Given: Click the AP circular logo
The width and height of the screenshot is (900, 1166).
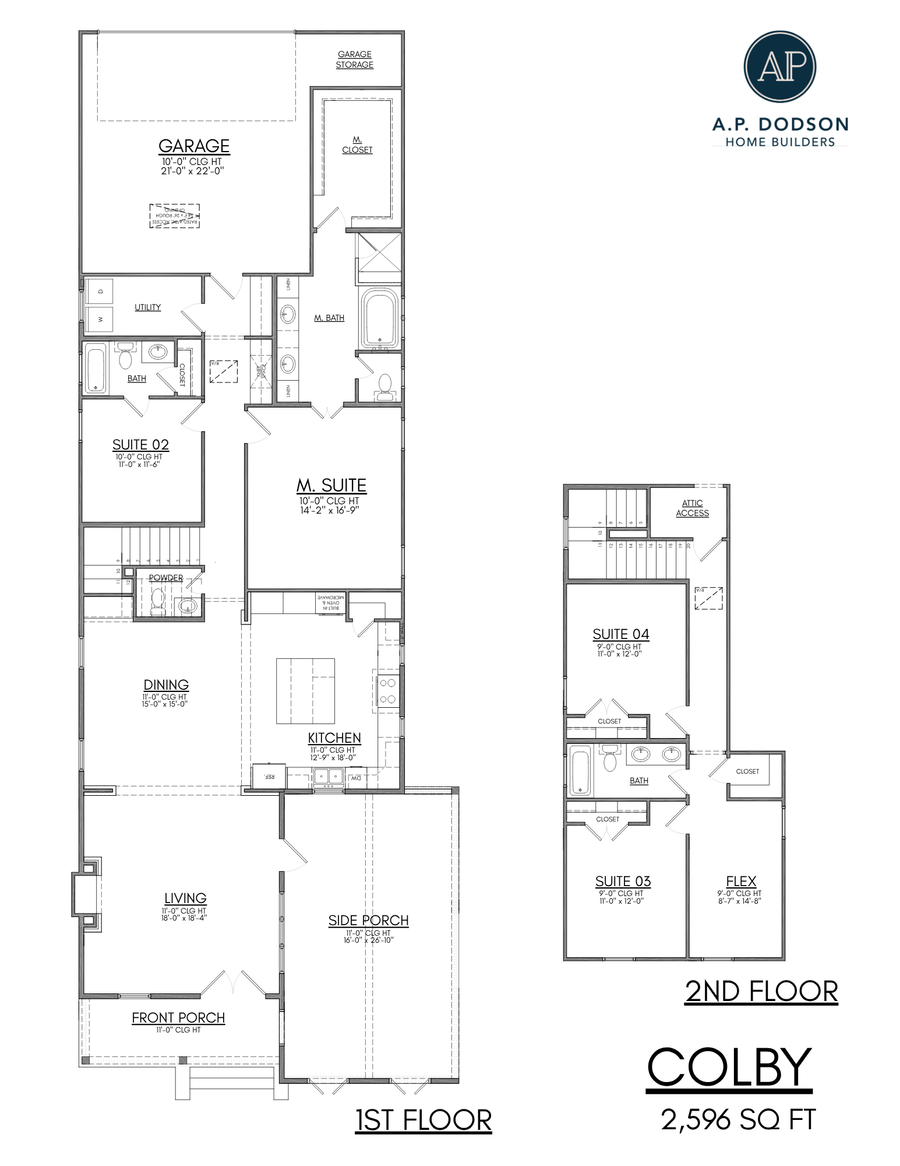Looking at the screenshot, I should [780, 66].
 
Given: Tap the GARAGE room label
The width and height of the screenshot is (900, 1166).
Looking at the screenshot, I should [194, 146].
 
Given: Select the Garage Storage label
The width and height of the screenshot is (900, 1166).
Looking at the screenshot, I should [354, 59].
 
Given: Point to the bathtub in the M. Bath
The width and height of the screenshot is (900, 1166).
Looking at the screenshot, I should [380, 318].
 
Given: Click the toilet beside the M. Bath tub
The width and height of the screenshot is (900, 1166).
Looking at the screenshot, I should [384, 387].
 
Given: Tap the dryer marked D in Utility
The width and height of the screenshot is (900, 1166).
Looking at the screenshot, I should [100, 290].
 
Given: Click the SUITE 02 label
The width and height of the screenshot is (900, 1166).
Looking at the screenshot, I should [140, 445].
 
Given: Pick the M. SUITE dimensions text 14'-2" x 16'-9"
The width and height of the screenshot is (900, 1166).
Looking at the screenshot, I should [329, 510].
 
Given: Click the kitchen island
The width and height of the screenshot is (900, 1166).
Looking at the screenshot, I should [305, 691].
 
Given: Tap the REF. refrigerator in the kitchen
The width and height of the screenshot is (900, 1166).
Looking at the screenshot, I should [269, 776].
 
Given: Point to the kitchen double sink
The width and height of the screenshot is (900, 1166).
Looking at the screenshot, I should [329, 776].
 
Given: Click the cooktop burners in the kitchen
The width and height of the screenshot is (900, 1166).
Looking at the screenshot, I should [388, 691].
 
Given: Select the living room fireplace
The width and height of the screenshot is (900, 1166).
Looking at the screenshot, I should [86, 893].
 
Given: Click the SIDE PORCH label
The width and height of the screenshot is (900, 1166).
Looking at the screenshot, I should [368, 921].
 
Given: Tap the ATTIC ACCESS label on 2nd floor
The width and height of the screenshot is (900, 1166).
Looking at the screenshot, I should [692, 508].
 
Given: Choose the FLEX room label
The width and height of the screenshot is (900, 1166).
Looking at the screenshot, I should [741, 881].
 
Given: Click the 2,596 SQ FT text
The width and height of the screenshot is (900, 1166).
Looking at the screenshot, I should [737, 1119].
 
